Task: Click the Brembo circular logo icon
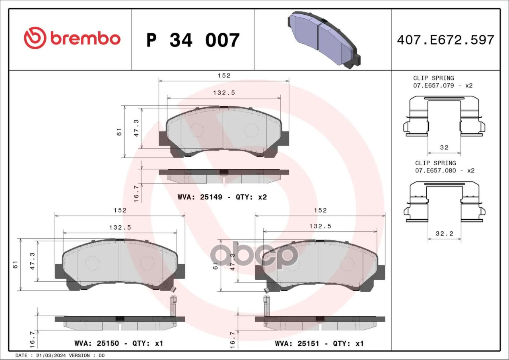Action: (x=35, y=38)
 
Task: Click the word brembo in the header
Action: (x=85, y=39)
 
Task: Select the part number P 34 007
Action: (x=193, y=40)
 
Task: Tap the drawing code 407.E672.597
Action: (x=446, y=40)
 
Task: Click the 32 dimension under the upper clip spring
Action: (x=444, y=147)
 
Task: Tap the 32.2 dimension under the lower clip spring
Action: (x=445, y=233)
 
